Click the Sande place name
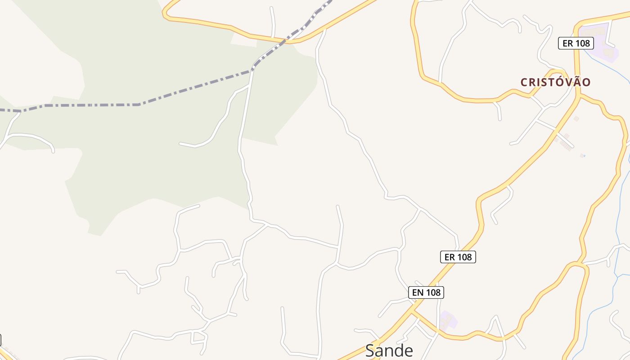[389, 351]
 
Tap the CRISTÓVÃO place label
[555, 82]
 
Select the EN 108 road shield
[426, 292]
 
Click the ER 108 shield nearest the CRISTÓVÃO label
[576, 43]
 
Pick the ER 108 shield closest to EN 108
[458, 257]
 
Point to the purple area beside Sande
[448, 320]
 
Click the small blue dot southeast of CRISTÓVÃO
[584, 156]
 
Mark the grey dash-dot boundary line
[90, 105]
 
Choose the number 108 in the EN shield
[432, 292]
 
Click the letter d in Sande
[398, 351]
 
